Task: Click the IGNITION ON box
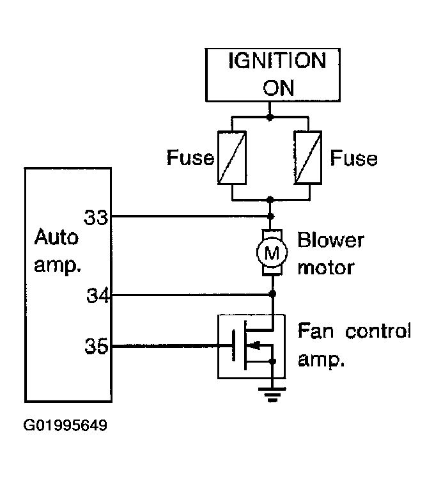pos(272,75)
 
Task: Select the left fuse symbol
pos(232,157)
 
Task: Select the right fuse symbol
pos(308,157)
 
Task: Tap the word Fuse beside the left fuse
pos(190,158)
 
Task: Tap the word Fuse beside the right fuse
pos(353,158)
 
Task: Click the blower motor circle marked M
pos(272,253)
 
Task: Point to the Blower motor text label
pos(330,254)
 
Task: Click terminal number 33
pos(96,217)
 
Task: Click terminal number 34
pos(98,295)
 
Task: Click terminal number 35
pos(97,346)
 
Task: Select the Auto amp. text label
pos(57,251)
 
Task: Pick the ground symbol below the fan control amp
pos(272,395)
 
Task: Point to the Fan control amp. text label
pos(354,345)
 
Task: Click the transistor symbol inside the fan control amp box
pos(254,345)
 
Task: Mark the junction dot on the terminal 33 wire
pos(270,216)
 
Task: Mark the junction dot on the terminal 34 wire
pos(273,294)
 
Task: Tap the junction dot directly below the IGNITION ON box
pos(269,117)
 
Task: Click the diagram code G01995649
pos(65,425)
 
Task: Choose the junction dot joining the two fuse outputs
pos(270,200)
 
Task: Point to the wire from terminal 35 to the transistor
pos(172,346)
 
